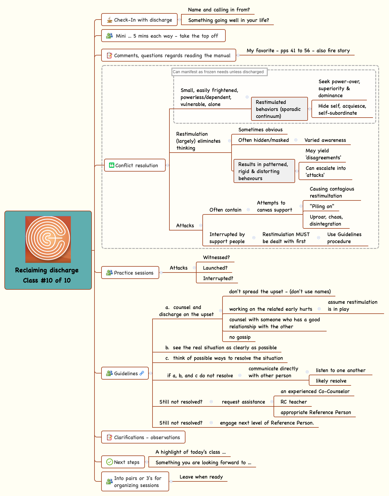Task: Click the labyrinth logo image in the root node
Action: [x=48, y=239]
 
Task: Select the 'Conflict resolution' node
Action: [x=135, y=165]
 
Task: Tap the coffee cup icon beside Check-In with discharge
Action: [x=110, y=20]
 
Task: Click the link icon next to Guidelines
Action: [x=142, y=373]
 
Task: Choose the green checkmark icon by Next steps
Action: [x=110, y=462]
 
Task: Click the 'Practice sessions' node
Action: [x=130, y=273]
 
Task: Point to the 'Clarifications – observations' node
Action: [x=143, y=437]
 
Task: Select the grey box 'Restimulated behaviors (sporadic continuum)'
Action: [x=279, y=109]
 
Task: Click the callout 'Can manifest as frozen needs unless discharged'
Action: [x=219, y=72]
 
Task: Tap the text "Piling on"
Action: [x=322, y=206]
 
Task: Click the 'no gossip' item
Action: [x=240, y=337]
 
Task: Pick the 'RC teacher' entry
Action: [x=293, y=402]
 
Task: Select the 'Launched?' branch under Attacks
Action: [x=215, y=268]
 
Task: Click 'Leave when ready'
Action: [x=201, y=477]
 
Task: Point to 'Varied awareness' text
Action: [x=325, y=140]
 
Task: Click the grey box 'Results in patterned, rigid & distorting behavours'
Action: [x=264, y=171]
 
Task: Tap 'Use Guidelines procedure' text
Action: [x=344, y=238]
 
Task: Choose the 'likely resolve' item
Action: [x=331, y=381]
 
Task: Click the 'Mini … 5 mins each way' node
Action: [x=163, y=36]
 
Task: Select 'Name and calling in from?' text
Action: [x=219, y=10]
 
